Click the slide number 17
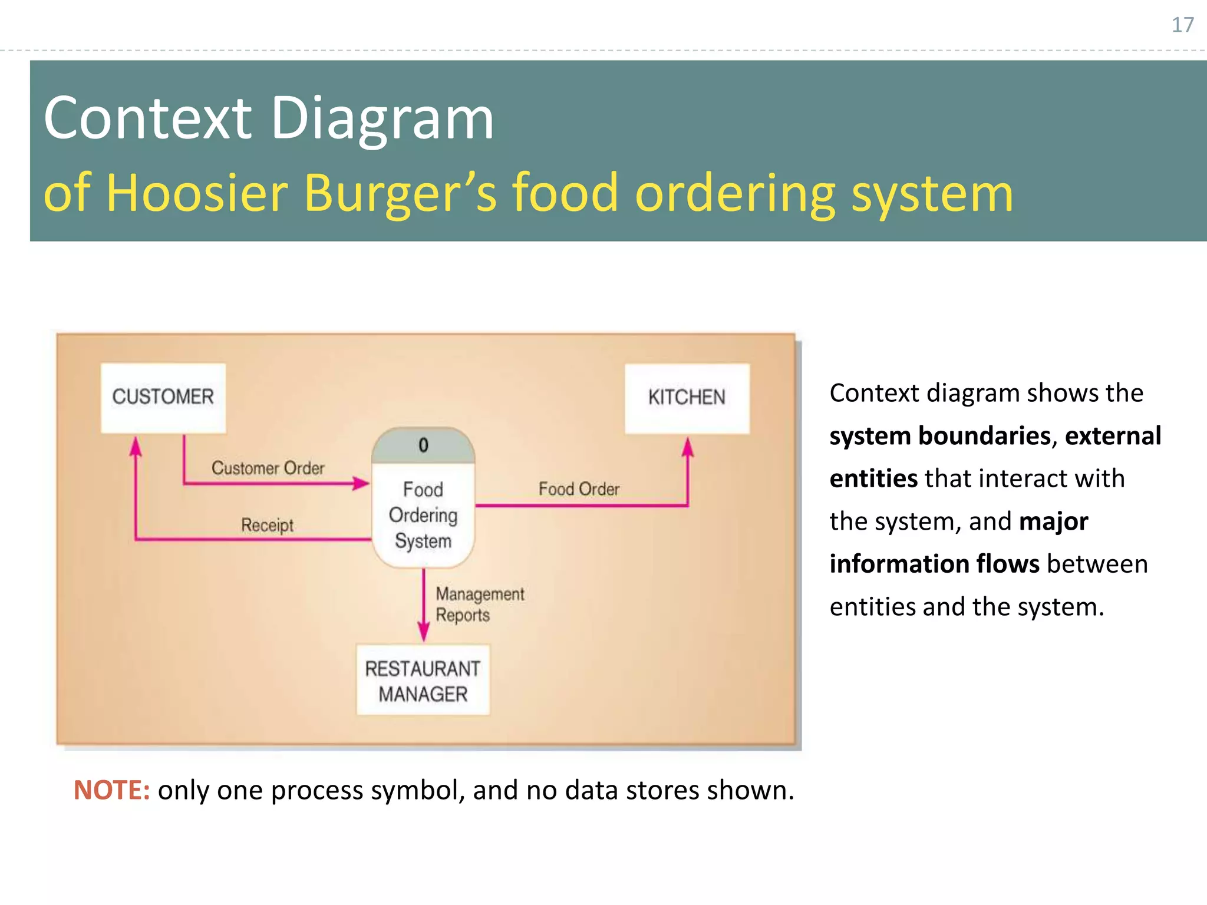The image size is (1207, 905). click(x=1182, y=25)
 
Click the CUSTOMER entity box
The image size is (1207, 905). click(x=163, y=397)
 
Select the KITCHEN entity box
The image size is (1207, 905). click(x=687, y=398)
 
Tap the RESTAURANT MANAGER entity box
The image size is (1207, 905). click(x=423, y=681)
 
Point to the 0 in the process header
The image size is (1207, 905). click(x=423, y=445)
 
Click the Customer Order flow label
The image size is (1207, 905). click(x=268, y=468)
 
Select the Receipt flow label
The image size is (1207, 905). click(x=267, y=525)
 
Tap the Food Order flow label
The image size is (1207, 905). click(x=579, y=489)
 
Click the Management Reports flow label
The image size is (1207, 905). click(x=479, y=605)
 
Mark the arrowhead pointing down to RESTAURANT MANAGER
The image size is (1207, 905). click(x=423, y=633)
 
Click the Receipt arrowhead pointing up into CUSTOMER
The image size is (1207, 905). click(x=136, y=446)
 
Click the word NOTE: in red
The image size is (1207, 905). click(x=111, y=790)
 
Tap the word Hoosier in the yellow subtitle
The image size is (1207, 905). click(x=197, y=193)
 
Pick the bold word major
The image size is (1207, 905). click(x=1053, y=521)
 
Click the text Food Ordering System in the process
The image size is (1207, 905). click(x=423, y=516)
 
